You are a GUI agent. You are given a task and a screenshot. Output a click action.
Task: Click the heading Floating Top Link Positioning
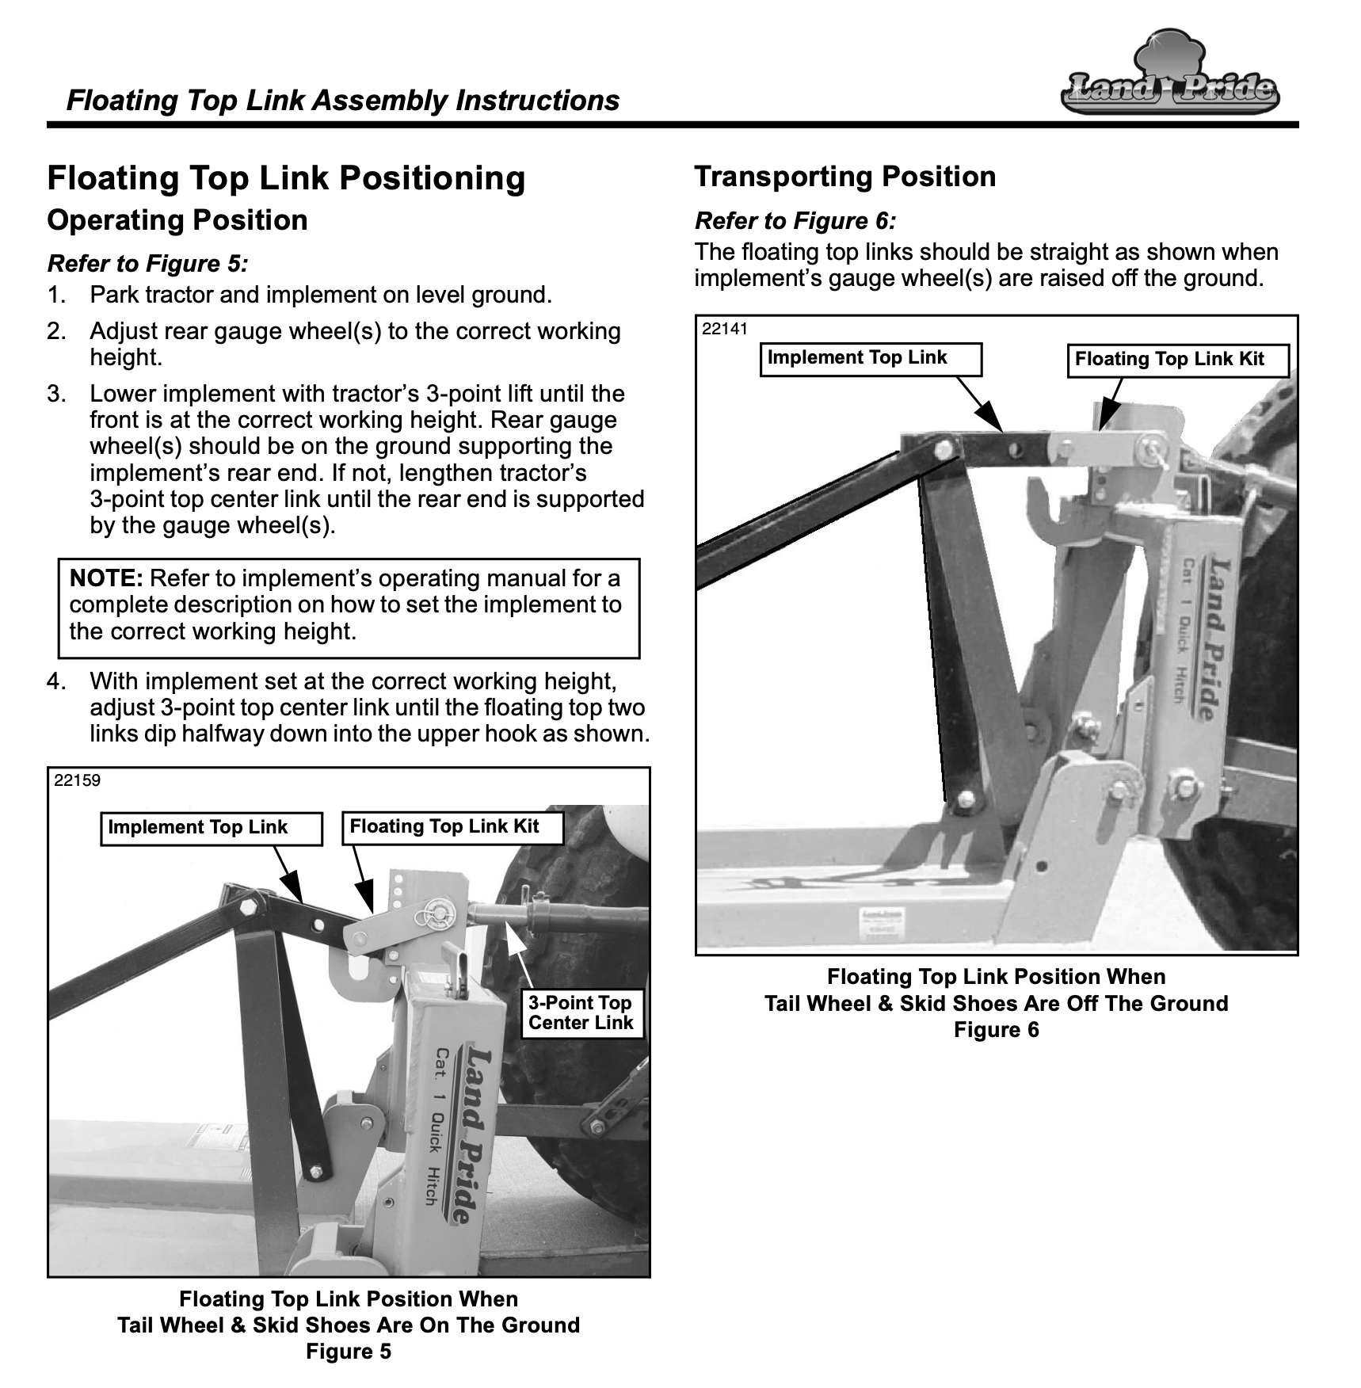[x=286, y=177]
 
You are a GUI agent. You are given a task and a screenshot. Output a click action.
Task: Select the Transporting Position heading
[x=844, y=176]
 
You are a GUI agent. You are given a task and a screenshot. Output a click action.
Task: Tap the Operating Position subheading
[x=177, y=219]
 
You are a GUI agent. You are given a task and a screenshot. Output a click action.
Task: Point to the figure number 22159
[x=78, y=780]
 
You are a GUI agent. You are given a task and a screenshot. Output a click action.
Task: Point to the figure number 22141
[x=725, y=329]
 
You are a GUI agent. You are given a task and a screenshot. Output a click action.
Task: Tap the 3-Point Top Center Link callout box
[x=581, y=1012]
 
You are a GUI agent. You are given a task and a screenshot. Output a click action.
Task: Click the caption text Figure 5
[x=349, y=1352]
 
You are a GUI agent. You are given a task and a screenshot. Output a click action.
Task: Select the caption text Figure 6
[x=996, y=1030]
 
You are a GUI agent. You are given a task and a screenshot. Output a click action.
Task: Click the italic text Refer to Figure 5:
[x=148, y=263]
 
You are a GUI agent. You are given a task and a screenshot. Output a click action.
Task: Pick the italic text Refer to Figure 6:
[x=795, y=220]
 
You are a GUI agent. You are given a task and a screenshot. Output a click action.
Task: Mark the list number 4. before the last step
[x=56, y=681]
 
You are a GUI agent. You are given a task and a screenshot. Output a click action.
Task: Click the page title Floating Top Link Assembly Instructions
[x=343, y=101]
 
